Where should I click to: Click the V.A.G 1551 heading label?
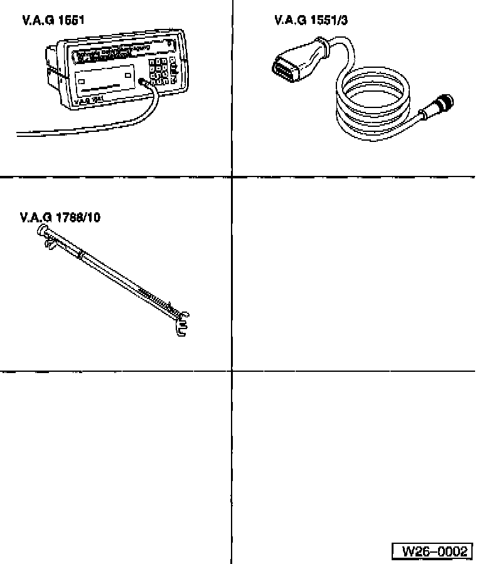tap(53, 21)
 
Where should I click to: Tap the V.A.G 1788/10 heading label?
tap(60, 218)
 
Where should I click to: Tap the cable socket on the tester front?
tap(144, 81)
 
